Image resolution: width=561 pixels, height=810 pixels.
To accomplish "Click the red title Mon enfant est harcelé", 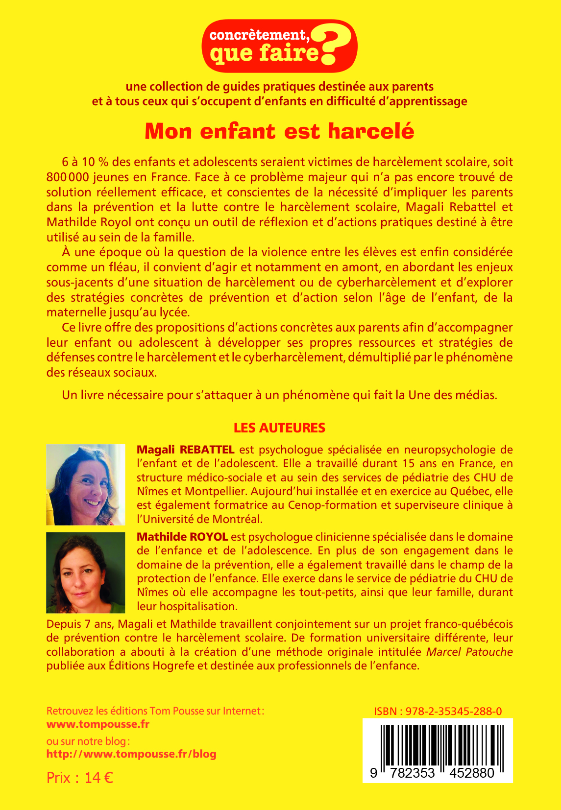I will [279, 131].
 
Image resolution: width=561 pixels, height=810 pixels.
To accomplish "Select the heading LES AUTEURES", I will [279, 428].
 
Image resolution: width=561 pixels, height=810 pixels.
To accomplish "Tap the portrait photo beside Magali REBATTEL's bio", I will [86, 485].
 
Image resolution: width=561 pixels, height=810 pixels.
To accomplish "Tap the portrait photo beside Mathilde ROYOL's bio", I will [86, 572].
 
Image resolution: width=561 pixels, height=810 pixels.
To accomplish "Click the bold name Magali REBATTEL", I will [185, 450].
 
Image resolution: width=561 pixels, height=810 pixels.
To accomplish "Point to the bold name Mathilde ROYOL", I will [182, 537].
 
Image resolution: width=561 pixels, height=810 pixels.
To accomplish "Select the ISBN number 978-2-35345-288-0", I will [454, 712].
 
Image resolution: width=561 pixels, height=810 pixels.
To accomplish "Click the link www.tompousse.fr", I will [98, 724].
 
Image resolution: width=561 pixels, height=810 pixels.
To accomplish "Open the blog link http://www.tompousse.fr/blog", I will [131, 754].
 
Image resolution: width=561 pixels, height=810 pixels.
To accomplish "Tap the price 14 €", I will [98, 778].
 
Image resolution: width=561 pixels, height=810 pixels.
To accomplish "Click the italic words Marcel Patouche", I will [469, 652].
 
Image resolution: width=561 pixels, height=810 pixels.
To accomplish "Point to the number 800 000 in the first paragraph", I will [68, 177].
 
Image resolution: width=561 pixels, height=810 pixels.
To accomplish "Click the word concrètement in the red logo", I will [258, 35].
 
